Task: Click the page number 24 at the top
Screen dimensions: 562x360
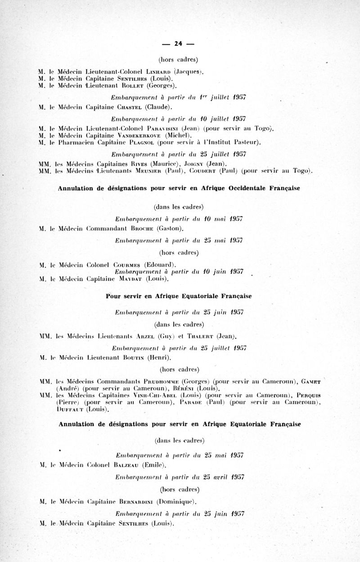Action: pos(178,44)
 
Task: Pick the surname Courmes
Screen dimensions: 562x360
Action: pos(132,264)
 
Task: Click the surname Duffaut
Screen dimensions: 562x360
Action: pos(70,409)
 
